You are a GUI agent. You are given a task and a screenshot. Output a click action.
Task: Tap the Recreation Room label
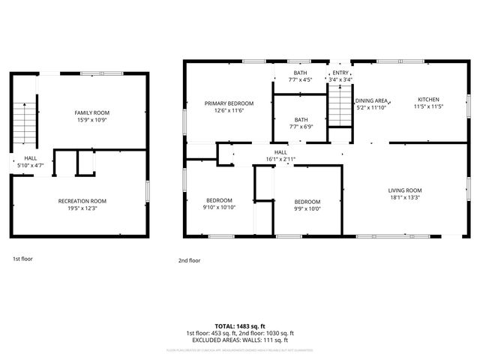pyautogui.click(x=82, y=200)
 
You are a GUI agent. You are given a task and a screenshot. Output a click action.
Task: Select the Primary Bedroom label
pyautogui.click(x=229, y=103)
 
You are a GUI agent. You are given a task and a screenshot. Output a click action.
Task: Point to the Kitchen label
pyautogui.click(x=428, y=100)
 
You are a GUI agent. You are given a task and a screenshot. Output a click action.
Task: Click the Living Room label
pyautogui.click(x=405, y=190)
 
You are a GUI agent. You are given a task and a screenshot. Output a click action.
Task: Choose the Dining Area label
pyautogui.click(x=371, y=100)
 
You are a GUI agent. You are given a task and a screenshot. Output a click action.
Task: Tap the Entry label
pyautogui.click(x=341, y=72)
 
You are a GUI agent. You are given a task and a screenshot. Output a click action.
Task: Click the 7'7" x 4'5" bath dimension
pyautogui.click(x=300, y=79)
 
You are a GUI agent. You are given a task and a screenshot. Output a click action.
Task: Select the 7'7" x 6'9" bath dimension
pyautogui.click(x=301, y=127)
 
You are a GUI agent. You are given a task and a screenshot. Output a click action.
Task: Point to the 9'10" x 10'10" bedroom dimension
pyautogui.click(x=219, y=207)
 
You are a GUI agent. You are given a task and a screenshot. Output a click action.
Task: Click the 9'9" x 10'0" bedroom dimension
pyautogui.click(x=307, y=209)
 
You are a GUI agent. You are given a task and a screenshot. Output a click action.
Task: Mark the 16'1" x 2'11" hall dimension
pyautogui.click(x=280, y=159)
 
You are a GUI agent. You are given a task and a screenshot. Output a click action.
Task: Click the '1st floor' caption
pyautogui.click(x=22, y=259)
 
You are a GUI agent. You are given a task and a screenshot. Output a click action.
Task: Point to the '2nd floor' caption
pyautogui.click(x=190, y=260)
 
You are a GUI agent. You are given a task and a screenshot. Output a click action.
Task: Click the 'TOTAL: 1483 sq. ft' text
pyautogui.click(x=239, y=325)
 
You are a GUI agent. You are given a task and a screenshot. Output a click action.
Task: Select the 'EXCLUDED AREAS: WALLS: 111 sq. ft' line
pyautogui.click(x=239, y=340)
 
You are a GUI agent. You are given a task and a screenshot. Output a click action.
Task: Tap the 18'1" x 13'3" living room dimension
pyautogui.click(x=405, y=198)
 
